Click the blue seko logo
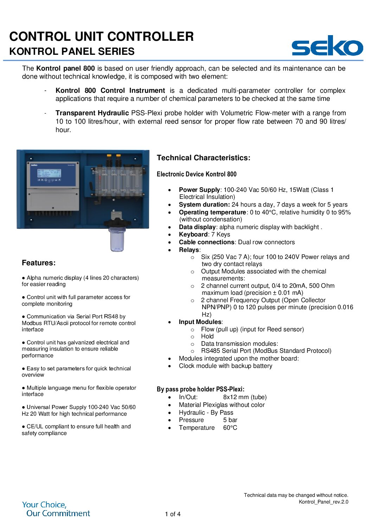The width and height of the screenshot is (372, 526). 327,46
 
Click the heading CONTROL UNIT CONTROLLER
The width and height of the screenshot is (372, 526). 101,37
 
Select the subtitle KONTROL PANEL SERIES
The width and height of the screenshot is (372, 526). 72,51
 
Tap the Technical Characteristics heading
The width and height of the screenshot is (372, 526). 203,158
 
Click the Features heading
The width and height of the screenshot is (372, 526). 39,263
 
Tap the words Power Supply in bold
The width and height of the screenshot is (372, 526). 199,190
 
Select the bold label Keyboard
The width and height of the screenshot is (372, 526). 193,234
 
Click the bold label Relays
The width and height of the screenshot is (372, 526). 189,250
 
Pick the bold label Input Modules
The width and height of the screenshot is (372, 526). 200,322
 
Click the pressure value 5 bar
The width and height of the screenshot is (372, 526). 230,420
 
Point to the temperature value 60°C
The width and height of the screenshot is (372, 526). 230,428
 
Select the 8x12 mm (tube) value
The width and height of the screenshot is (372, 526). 245,397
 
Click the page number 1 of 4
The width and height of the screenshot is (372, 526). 173,514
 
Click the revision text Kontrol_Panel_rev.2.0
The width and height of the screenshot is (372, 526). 323,502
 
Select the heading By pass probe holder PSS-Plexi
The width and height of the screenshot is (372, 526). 200,389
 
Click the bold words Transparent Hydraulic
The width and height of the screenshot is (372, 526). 92,113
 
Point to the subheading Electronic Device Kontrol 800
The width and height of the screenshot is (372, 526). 197,174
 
